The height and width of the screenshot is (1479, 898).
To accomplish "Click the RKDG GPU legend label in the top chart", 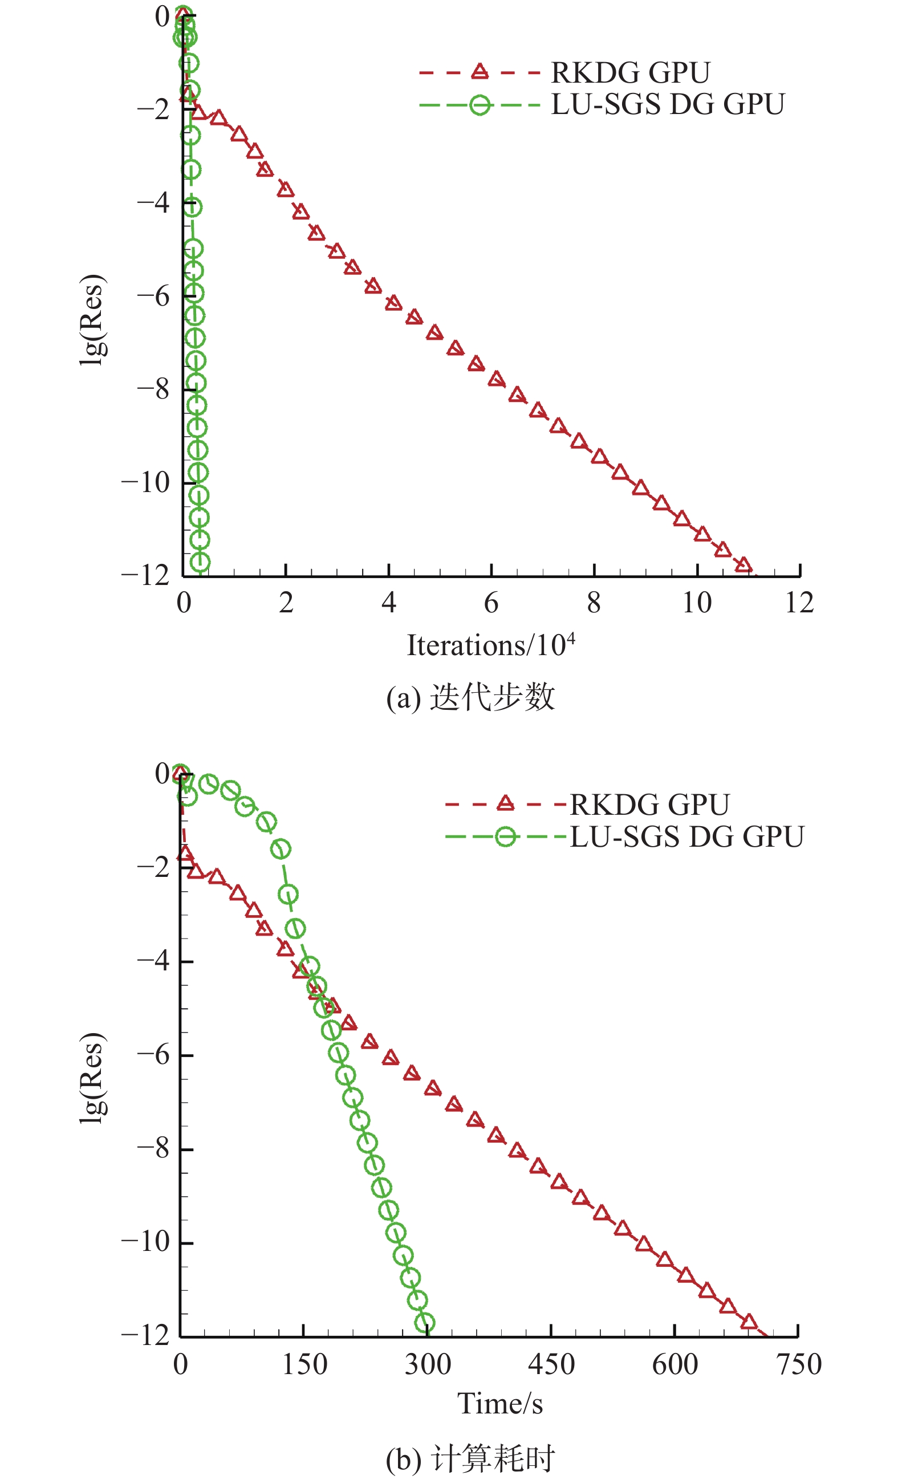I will [630, 72].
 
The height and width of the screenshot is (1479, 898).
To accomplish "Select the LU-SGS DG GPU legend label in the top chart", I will [668, 104].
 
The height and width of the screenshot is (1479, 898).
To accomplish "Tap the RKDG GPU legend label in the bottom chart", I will [649, 805].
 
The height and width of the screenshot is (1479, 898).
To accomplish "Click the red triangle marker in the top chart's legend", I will [479, 72].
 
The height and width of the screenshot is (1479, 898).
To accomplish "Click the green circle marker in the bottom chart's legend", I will [505, 837].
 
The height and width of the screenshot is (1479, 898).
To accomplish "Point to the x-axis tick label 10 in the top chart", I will [696, 603].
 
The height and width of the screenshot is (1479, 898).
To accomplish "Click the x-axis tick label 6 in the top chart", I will [491, 603].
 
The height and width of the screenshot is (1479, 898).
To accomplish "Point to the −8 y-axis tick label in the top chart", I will [154, 389].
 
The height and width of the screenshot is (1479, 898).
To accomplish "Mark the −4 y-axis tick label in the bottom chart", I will [154, 960].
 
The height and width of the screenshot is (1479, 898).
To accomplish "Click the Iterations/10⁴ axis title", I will [491, 645].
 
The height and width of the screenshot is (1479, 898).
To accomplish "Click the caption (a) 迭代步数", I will [470, 697].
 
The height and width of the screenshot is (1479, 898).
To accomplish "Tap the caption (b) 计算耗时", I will [470, 1460].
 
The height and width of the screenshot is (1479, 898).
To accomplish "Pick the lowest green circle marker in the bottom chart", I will [424, 1323].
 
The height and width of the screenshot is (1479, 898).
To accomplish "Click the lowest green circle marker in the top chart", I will [200, 562].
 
